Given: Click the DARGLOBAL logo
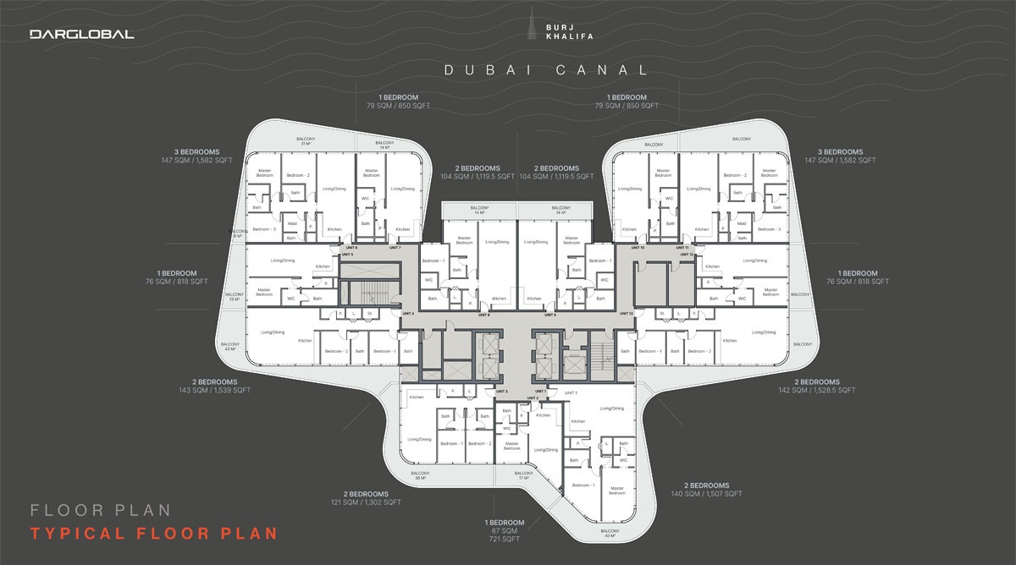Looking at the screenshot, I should click(81, 35).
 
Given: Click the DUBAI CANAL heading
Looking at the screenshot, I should click(547, 70).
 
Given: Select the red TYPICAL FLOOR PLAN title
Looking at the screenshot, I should click(153, 534).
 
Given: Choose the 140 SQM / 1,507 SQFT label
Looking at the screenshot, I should click(706, 494).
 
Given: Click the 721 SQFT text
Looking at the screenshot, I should click(504, 539).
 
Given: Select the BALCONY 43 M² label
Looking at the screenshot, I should click(230, 347).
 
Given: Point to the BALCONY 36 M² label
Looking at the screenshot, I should click(421, 475).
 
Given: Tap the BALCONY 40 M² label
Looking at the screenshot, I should click(609, 533).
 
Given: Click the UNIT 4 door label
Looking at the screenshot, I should click(409, 313).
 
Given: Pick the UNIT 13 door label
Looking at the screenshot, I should click(626, 313).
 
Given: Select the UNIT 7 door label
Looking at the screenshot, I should click(395, 248).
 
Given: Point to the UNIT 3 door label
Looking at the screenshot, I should click(501, 391).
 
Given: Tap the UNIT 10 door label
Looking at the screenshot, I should click(638, 248).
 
